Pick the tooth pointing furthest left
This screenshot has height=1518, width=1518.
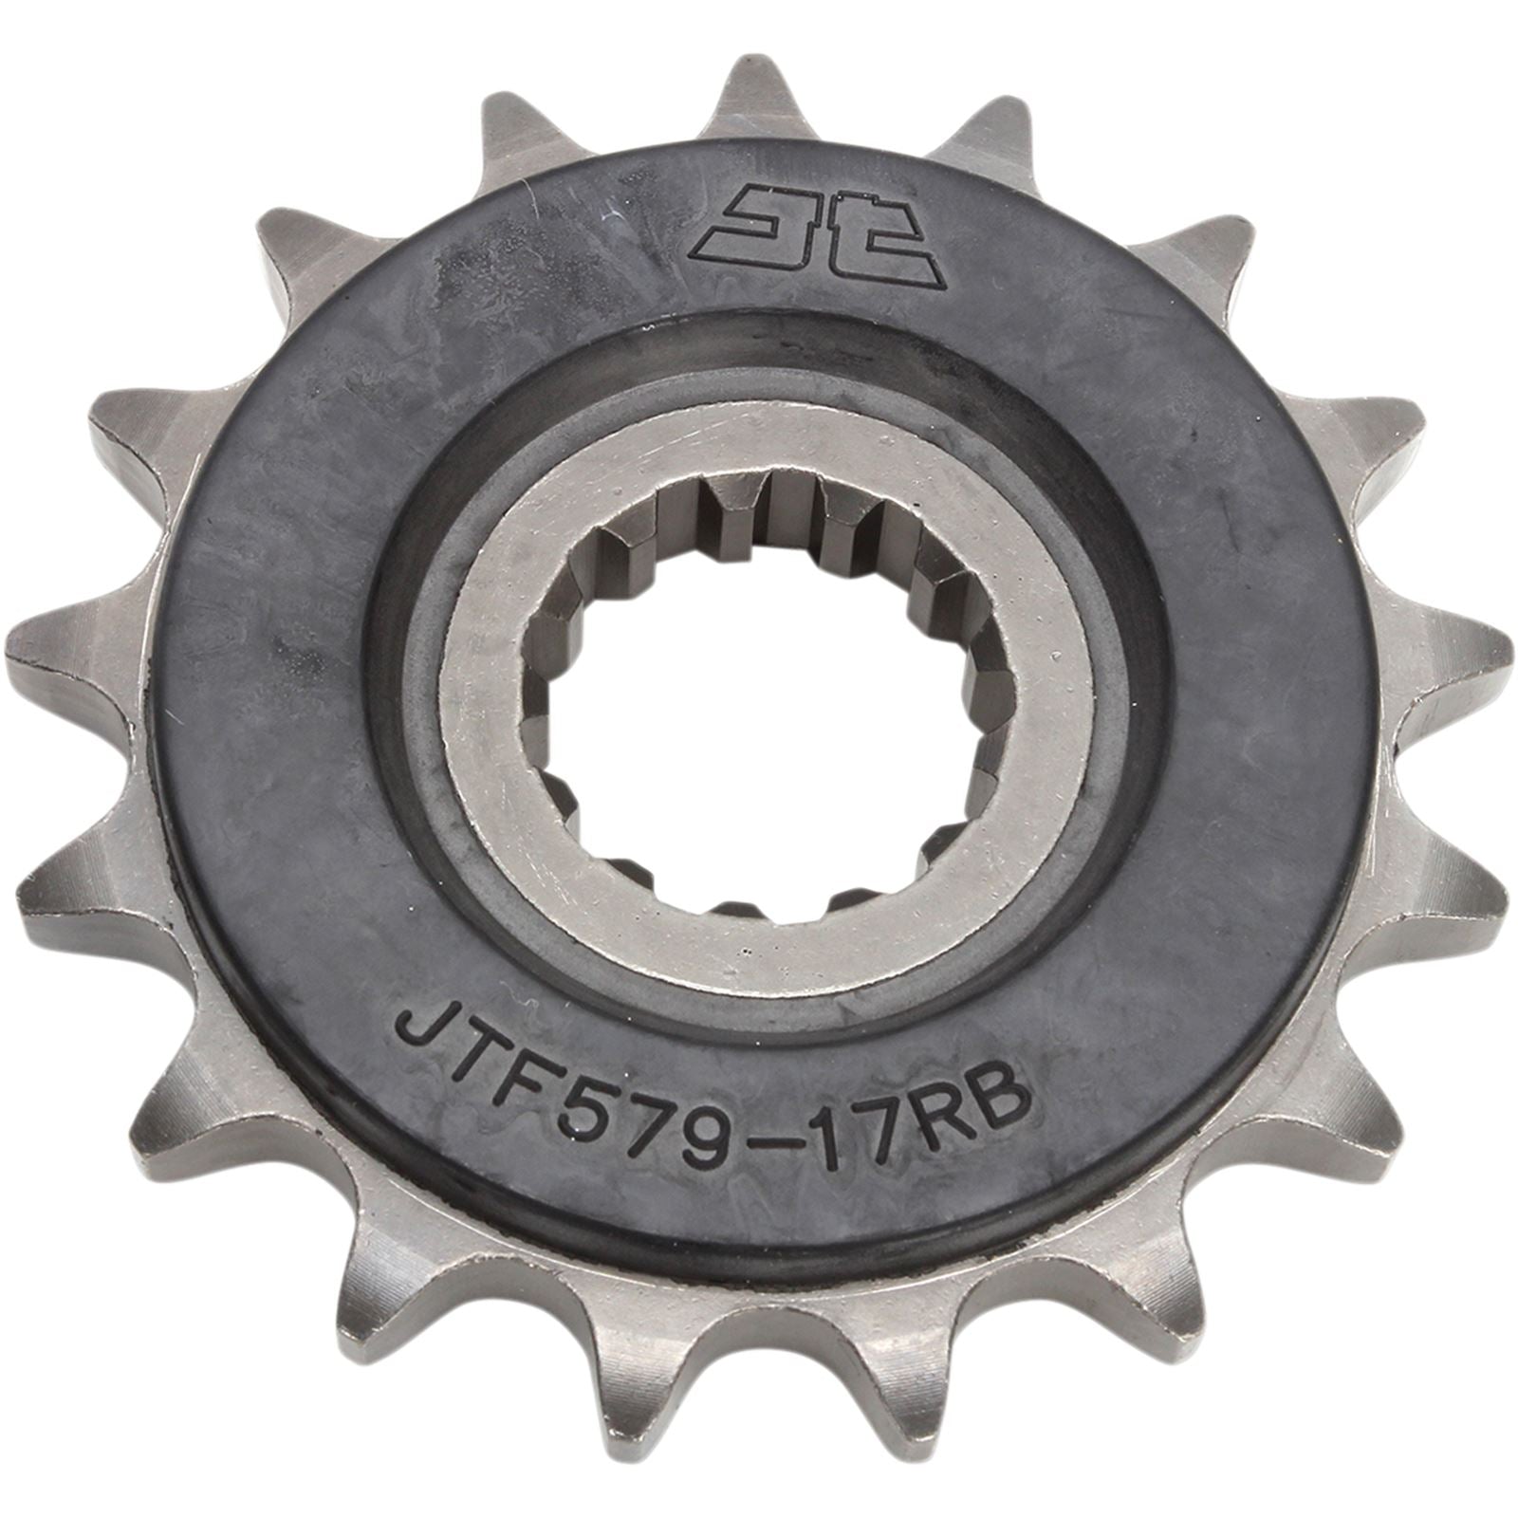pyautogui.click(x=47, y=645)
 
